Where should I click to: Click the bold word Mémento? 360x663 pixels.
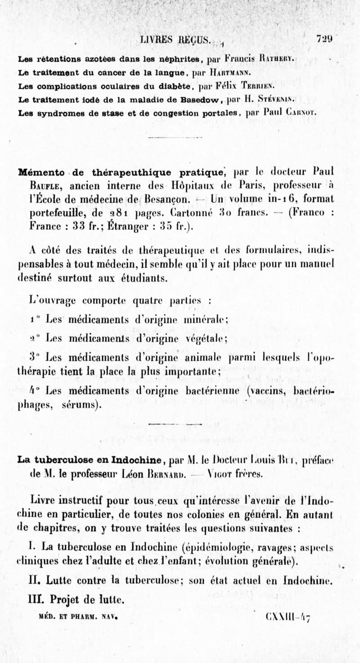coord(40,172)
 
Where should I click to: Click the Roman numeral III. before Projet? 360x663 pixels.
coord(36,600)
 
